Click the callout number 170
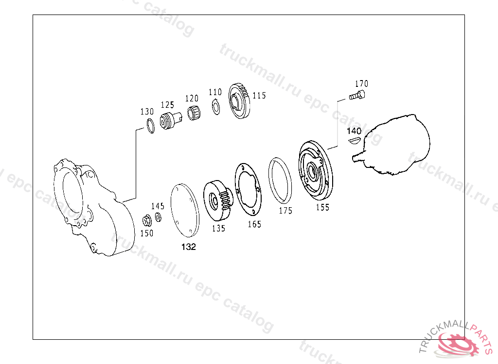(x=361, y=83)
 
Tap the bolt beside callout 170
(x=357, y=95)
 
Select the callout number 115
(x=259, y=96)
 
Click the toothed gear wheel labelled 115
(x=239, y=101)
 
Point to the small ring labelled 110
(x=216, y=107)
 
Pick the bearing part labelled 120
(x=194, y=113)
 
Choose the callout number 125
(x=167, y=105)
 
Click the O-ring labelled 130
(x=151, y=126)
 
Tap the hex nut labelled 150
(x=147, y=220)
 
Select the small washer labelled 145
(x=158, y=217)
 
